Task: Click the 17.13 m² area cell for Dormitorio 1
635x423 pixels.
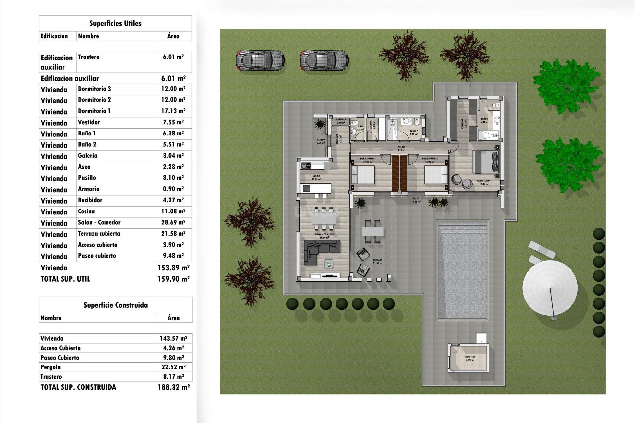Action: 173,111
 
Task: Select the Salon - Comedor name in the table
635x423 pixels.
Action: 99,222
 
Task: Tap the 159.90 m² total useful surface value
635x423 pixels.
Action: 173,279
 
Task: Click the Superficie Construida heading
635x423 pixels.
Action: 115,305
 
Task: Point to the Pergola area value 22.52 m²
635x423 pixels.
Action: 173,367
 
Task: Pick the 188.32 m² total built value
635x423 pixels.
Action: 174,387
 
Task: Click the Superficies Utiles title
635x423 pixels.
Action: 115,23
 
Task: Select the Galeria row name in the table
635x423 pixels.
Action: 88,156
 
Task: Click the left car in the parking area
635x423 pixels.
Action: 260,60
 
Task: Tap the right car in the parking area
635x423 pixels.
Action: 324,60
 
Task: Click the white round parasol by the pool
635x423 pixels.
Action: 550,288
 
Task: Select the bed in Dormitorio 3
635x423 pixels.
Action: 362,175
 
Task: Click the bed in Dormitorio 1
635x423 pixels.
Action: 485,162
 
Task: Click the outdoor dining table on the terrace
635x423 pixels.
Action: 373,231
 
